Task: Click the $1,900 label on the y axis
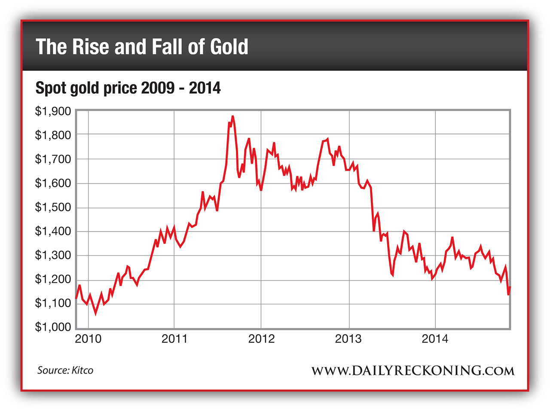coord(53,112)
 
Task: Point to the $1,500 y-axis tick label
coord(53,207)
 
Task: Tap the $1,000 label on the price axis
coord(53,327)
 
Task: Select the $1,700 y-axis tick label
coord(53,159)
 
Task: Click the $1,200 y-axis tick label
coord(53,279)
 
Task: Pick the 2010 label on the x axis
coord(88,339)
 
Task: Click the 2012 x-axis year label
coord(261,339)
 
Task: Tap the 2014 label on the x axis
coord(435,339)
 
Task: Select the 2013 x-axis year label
coord(348,339)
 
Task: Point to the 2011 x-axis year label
coord(174,339)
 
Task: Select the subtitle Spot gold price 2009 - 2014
coord(128,88)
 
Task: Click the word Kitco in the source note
coord(82,370)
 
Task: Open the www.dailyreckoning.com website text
coord(412,370)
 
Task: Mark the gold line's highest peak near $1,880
coord(232,116)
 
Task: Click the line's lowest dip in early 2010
coord(95,313)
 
